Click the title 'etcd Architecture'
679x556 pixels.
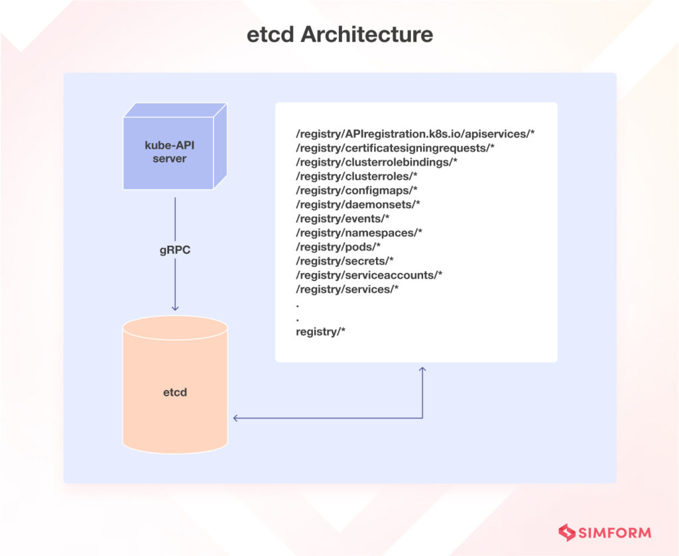(340, 34)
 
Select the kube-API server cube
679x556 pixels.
(175, 146)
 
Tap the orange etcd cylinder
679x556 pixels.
(175, 384)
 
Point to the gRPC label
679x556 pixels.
(175, 250)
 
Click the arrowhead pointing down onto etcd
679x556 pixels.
(175, 308)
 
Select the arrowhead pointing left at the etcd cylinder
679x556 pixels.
(236, 418)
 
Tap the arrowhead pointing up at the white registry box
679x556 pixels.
(422, 370)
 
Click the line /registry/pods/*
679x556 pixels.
(338, 247)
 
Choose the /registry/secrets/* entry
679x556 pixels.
(345, 261)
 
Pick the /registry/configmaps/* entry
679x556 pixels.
(357, 190)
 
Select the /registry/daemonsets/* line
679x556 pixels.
(358, 204)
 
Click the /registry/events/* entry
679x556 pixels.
(343, 219)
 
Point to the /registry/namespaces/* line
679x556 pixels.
(359, 233)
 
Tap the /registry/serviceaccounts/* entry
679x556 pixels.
(369, 275)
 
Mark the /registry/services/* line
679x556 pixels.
(347, 289)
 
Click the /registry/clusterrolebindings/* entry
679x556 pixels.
(377, 162)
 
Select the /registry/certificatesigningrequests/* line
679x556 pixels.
(395, 148)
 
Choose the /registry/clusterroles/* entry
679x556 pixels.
(357, 176)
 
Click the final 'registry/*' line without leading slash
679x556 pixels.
(320, 332)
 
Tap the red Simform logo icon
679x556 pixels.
(567, 533)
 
